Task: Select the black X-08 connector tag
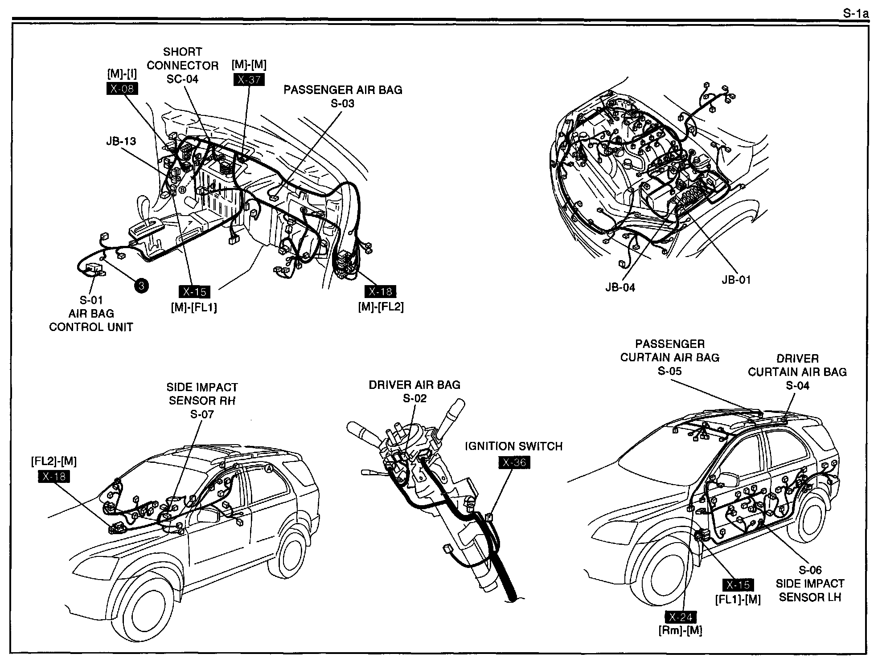pos(122,89)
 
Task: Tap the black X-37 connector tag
pos(249,80)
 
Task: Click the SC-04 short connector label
pos(182,79)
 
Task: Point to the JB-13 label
pos(121,141)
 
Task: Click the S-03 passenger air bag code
pos(342,103)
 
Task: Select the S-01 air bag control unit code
pos(91,300)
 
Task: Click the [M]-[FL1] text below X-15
pos(194,307)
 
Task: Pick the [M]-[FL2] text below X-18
pos(381,307)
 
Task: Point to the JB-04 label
pos(620,287)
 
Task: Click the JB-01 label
pos(736,280)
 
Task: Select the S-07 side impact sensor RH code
pos(202,414)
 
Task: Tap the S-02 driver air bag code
pos(414,398)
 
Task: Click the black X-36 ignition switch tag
pos(514,462)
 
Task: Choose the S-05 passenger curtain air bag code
pos(669,371)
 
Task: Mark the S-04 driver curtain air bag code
pos(797,385)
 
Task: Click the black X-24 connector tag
pos(680,617)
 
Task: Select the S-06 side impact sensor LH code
pos(810,570)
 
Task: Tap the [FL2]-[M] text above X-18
pos(54,462)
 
